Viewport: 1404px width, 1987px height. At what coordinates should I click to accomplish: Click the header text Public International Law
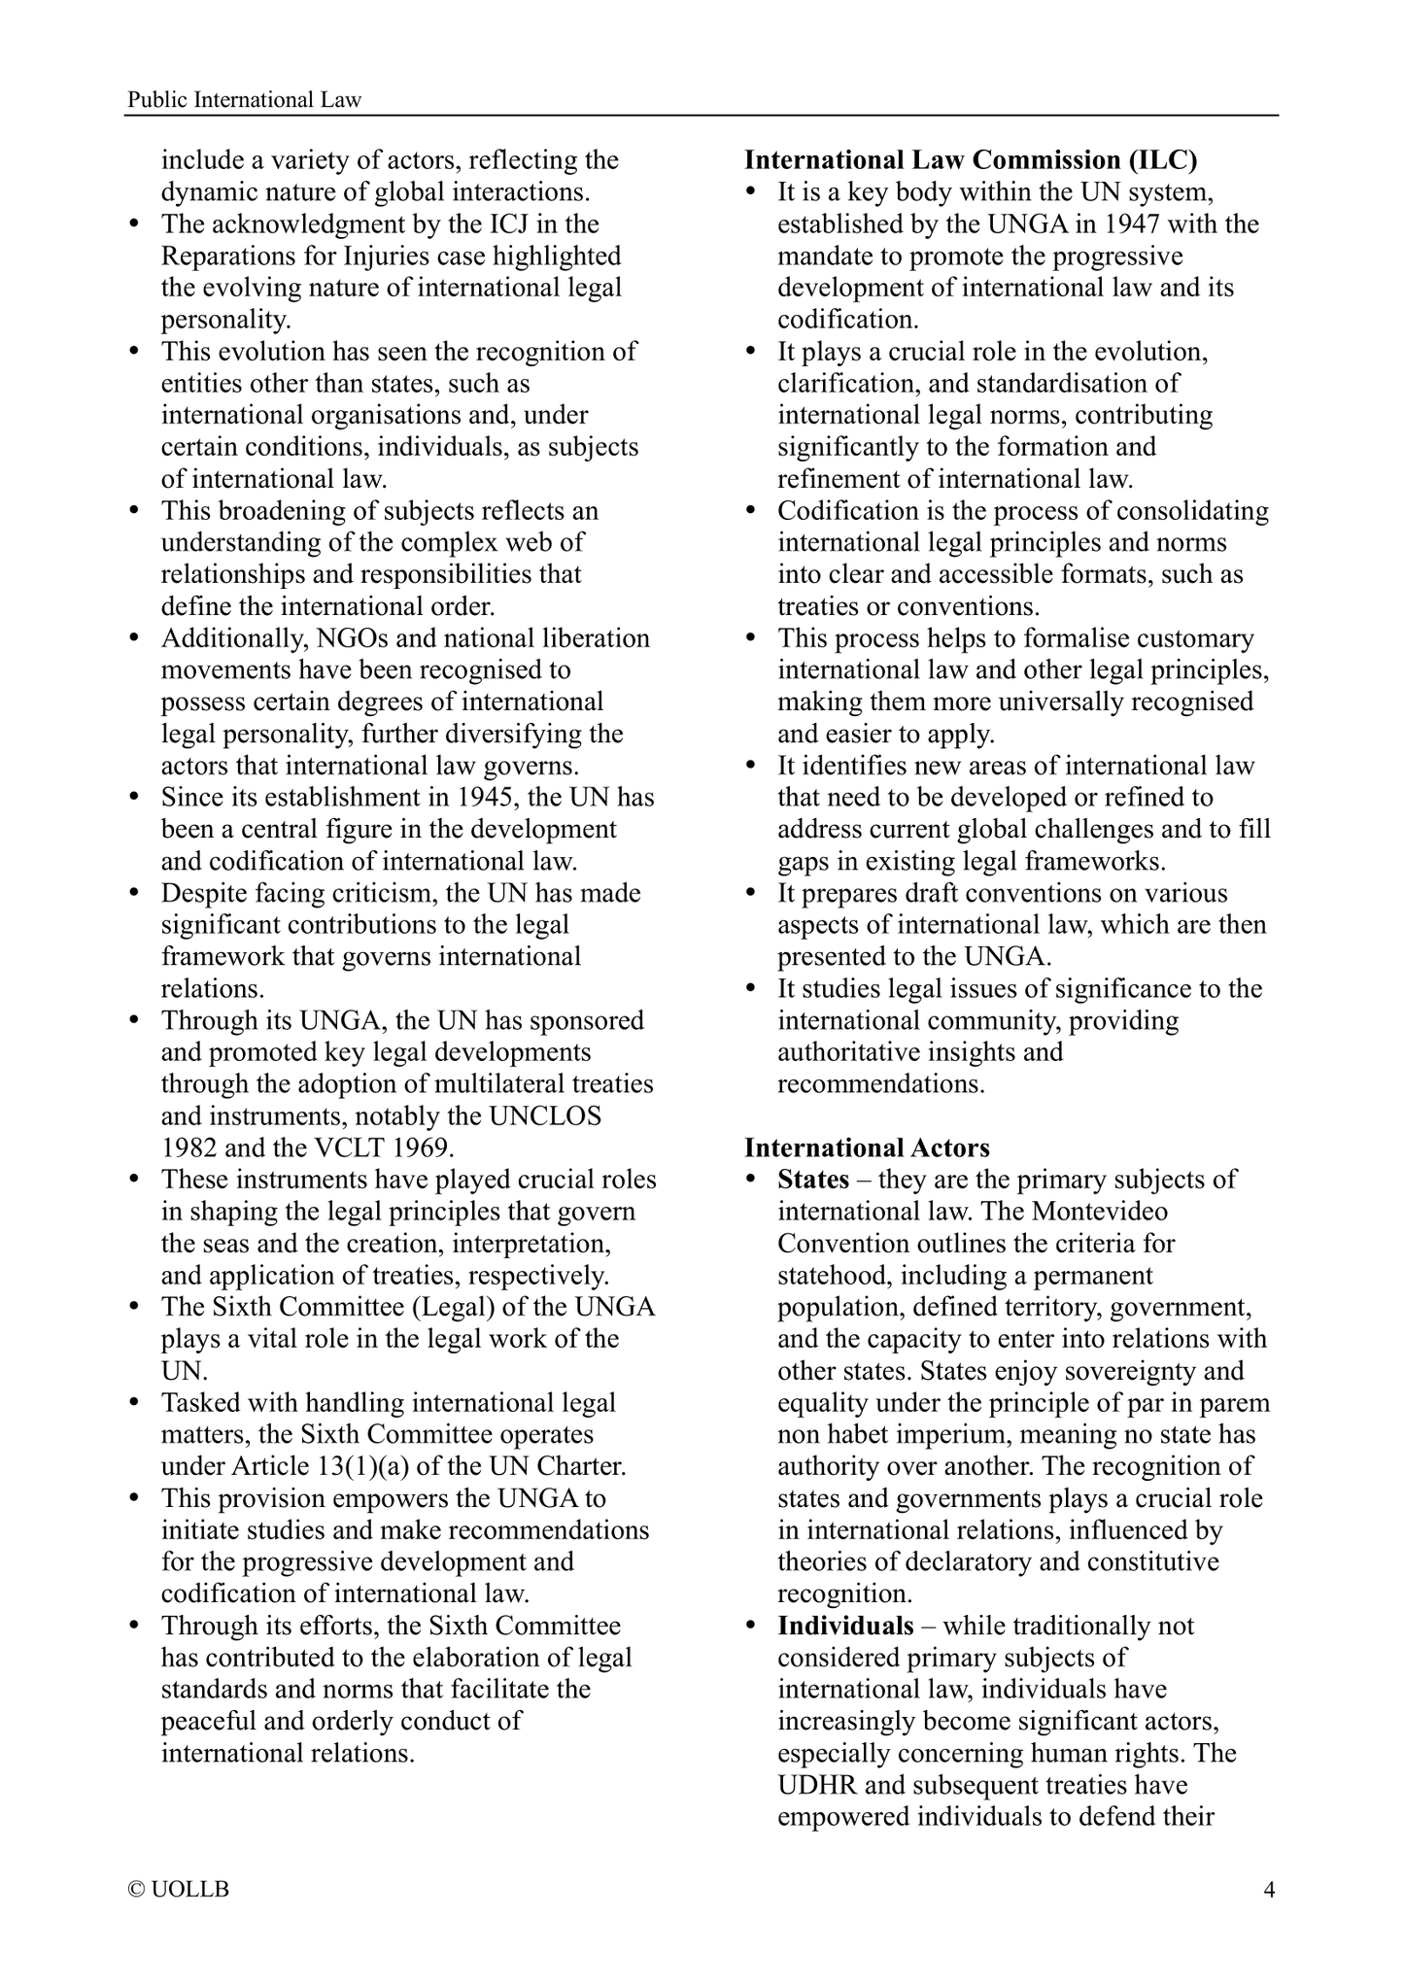(x=244, y=100)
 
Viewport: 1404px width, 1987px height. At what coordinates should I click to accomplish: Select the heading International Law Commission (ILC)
(x=971, y=160)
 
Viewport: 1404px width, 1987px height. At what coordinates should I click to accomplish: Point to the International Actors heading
(x=867, y=1148)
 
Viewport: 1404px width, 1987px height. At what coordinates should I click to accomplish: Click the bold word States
(x=813, y=1180)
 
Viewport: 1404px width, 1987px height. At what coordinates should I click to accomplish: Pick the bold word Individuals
(x=845, y=1626)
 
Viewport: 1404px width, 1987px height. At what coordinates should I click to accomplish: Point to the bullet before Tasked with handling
(x=135, y=1403)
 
